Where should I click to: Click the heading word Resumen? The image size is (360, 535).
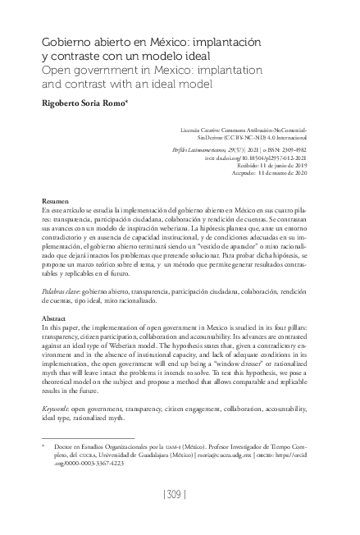click(x=55, y=201)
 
